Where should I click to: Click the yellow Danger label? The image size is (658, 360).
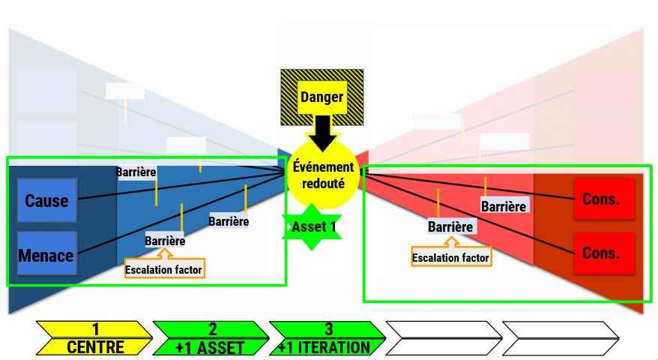tap(322, 97)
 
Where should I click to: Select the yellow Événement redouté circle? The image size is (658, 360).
tap(323, 175)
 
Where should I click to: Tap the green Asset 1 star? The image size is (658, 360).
tap(312, 226)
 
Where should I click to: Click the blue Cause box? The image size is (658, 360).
tap(46, 200)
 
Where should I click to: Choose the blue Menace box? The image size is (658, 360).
tap(46, 254)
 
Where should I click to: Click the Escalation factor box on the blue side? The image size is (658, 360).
tap(164, 269)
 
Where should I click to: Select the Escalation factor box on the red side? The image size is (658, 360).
tap(450, 257)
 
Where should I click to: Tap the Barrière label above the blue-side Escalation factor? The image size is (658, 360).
tap(165, 241)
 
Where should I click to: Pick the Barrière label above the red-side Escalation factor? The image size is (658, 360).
tap(450, 226)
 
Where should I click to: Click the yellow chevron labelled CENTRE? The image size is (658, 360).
tap(94, 338)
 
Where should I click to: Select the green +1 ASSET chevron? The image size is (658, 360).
tap(211, 338)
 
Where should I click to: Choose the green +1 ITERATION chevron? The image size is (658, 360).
tap(328, 338)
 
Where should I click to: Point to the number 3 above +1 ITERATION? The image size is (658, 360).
tap(328, 329)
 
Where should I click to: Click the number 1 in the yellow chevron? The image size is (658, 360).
tap(96, 329)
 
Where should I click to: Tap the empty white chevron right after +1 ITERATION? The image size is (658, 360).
tap(444, 338)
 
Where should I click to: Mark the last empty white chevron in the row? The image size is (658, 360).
tap(561, 338)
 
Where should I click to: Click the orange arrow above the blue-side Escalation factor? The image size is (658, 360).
tap(165, 253)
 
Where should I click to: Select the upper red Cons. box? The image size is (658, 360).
tap(604, 199)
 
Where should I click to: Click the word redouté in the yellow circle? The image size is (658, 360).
tap(323, 184)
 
